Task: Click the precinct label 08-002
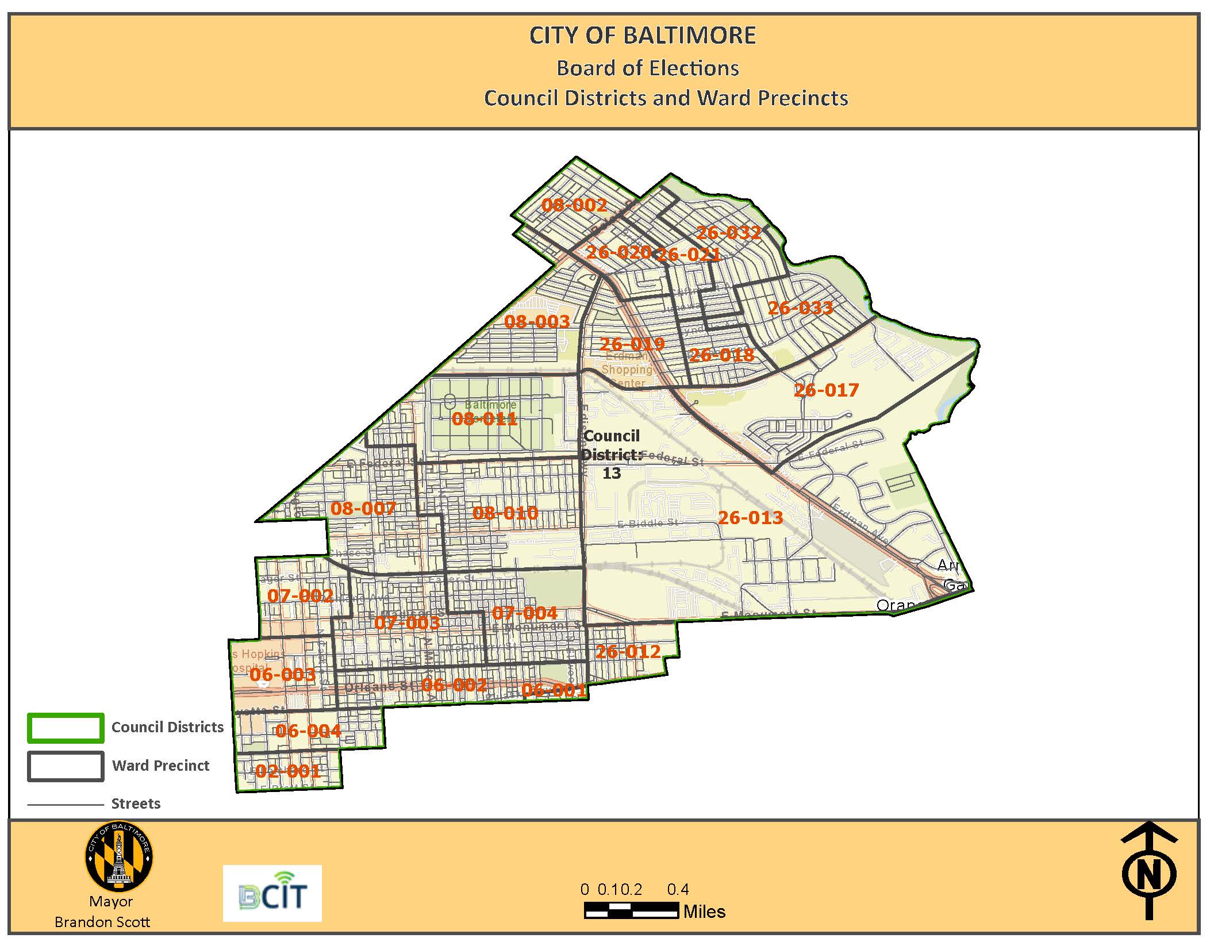coord(574,205)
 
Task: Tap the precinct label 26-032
coord(728,233)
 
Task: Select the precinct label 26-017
coord(826,390)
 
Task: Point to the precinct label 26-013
coord(750,518)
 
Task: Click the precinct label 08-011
coord(485,419)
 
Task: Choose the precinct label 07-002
coord(300,595)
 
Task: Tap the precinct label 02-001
coord(287,771)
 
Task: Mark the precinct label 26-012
coord(628,652)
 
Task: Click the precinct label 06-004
coord(308,731)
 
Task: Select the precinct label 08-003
coord(537,321)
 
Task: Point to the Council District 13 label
coord(611,454)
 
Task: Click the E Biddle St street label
coord(647,524)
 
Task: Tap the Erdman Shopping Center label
coord(627,370)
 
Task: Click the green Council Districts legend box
coord(66,728)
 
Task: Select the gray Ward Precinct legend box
coord(66,766)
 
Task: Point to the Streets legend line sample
coord(66,805)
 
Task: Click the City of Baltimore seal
coord(119,856)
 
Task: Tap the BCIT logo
coord(272,893)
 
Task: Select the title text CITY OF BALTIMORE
coord(642,36)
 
